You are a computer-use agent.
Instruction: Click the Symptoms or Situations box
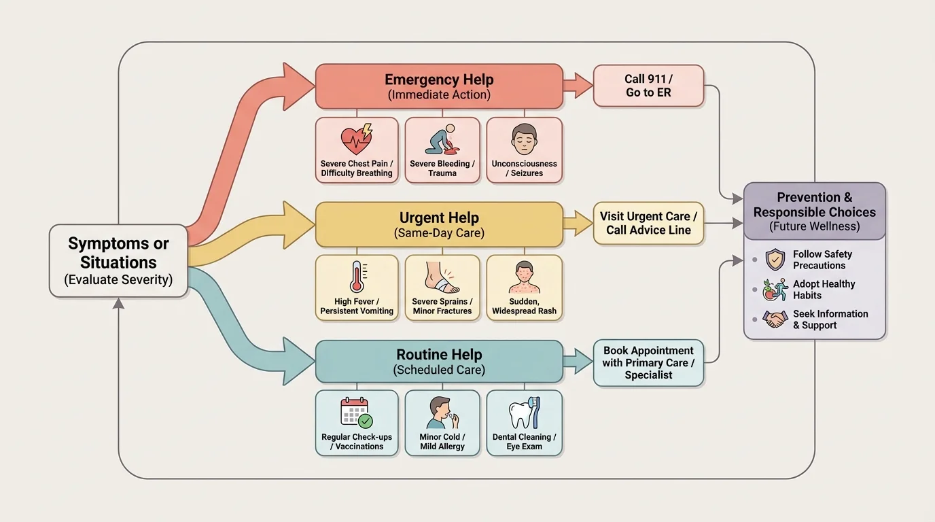click(118, 261)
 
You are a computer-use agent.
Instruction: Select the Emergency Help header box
click(439, 86)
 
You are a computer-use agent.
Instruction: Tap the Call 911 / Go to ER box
click(648, 86)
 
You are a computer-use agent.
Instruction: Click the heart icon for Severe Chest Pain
click(357, 139)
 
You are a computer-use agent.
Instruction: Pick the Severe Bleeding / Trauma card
click(442, 150)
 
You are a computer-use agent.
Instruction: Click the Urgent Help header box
click(439, 224)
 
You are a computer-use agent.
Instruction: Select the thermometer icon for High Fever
click(357, 277)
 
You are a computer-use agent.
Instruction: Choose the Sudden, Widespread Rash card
click(524, 288)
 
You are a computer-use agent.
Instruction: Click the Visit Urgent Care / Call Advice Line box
click(648, 223)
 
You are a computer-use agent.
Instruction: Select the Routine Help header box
click(439, 362)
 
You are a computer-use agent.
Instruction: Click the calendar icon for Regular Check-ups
click(356, 413)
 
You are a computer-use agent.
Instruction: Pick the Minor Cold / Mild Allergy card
click(442, 422)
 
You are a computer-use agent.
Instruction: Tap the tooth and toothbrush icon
click(524, 413)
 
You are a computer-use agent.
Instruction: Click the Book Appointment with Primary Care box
click(648, 363)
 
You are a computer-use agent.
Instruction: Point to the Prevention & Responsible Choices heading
click(814, 211)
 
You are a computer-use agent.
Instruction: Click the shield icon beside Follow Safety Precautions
click(775, 260)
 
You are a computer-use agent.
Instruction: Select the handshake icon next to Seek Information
click(775, 319)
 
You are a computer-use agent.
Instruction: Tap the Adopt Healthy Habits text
click(824, 290)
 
